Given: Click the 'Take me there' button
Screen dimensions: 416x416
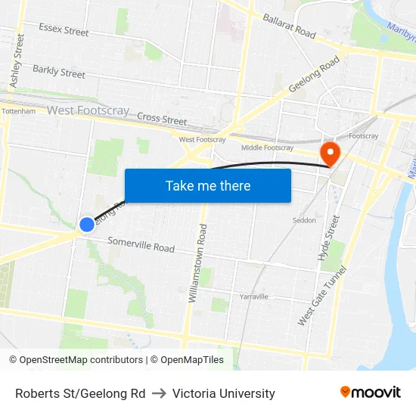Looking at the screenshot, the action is pos(208,185).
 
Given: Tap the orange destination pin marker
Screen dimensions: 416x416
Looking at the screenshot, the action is pos(331,154).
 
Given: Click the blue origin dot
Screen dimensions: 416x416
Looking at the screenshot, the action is pos(87,224).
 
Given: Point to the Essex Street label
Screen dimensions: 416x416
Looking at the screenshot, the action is pos(64,30).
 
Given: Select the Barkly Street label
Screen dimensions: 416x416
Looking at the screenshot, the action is pos(59,72).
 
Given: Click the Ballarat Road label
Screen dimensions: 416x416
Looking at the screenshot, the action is pos(289,26).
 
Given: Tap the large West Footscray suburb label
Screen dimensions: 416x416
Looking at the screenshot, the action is pos(88,110).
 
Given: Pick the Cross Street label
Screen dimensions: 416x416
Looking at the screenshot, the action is pos(162,120).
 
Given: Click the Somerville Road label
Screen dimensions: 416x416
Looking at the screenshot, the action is pos(141,245).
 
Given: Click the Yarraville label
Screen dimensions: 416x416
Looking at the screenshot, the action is pos(254,296).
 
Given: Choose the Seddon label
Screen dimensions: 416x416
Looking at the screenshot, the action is pos(304,220).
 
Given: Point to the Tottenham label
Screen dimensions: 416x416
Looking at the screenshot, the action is pos(18,111).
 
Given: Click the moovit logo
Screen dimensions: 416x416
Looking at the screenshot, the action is pos(371,393).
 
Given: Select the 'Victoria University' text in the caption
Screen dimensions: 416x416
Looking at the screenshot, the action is pos(224,393).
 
